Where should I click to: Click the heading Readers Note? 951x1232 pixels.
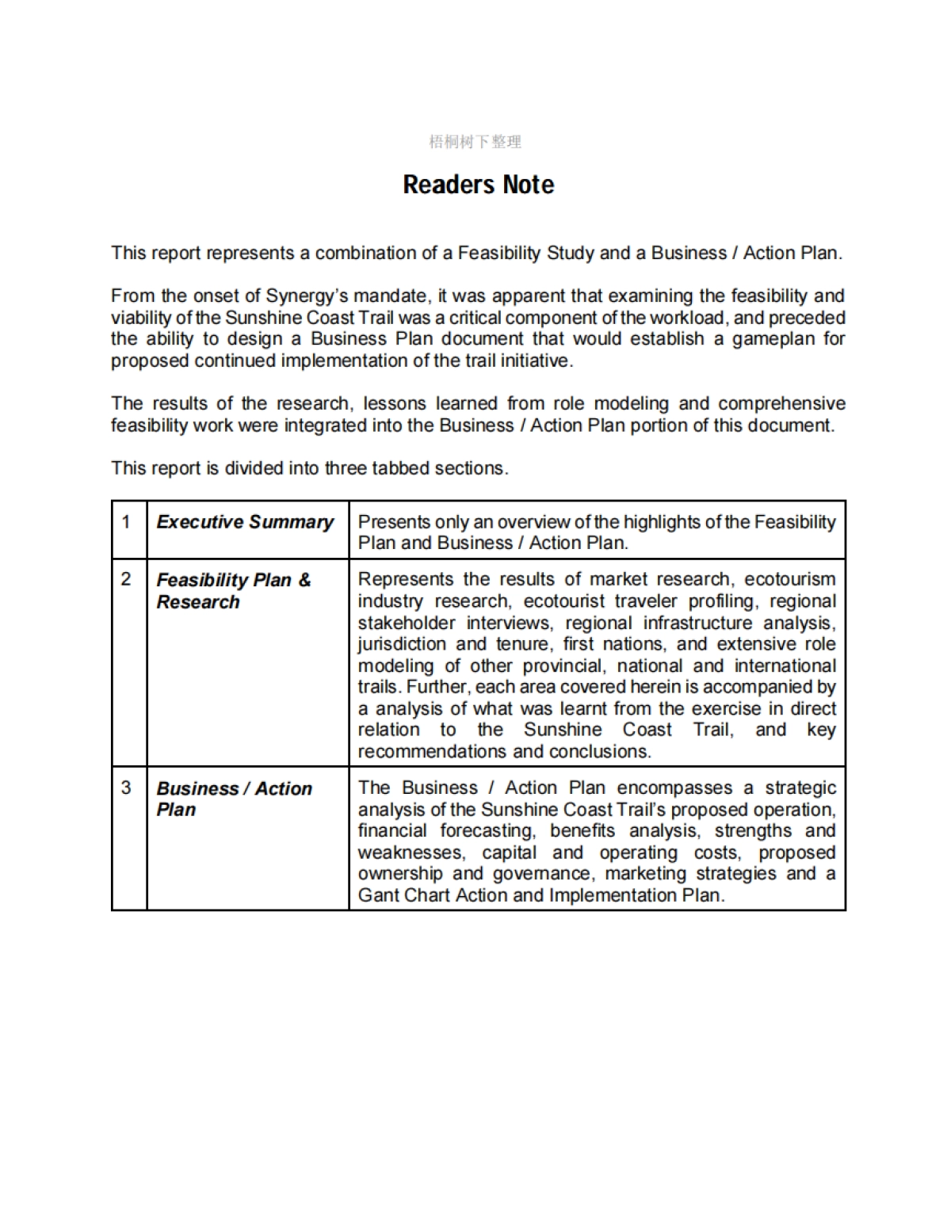[x=478, y=185]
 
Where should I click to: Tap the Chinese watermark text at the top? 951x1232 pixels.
[x=475, y=142]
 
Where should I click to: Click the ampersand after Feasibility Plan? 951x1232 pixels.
[x=304, y=580]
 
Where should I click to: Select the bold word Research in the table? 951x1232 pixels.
[x=198, y=602]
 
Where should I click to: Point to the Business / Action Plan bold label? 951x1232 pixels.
[x=234, y=799]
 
